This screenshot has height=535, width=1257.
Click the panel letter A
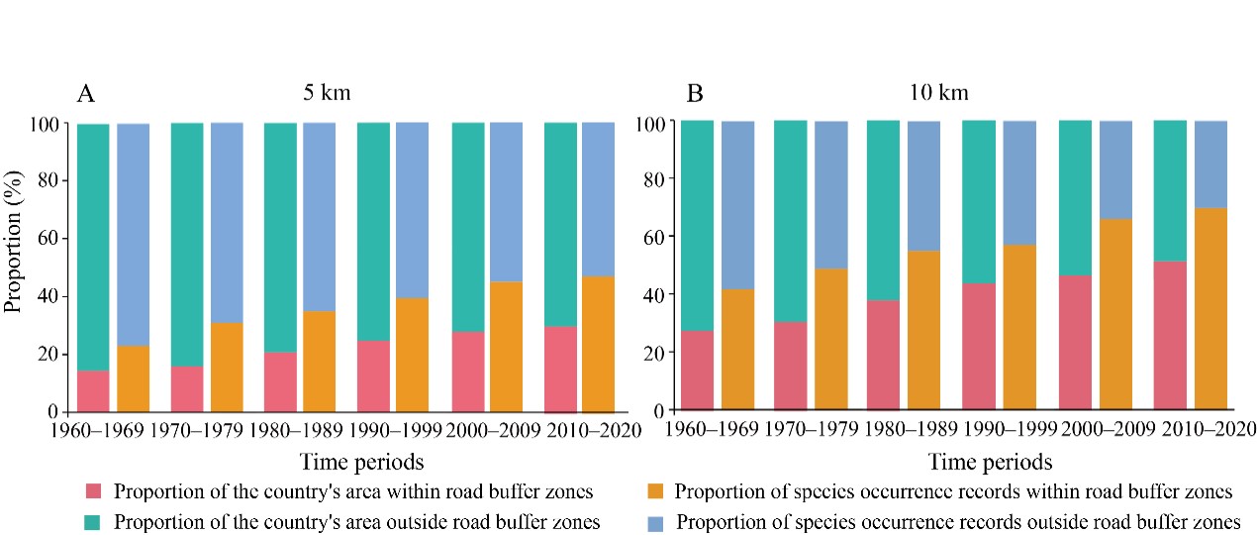tap(86, 94)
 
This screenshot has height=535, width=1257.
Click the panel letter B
tap(695, 94)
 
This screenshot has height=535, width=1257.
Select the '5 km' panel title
tap(327, 94)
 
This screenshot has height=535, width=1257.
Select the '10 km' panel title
tap(939, 94)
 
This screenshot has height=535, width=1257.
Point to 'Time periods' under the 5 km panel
tap(361, 462)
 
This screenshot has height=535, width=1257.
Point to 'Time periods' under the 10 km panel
tap(990, 462)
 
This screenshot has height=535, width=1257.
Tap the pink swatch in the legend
tap(94, 492)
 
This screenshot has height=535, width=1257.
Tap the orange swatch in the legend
tap(654, 492)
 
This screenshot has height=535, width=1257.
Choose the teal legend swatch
tap(94, 521)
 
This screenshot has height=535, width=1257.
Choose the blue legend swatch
tap(654, 521)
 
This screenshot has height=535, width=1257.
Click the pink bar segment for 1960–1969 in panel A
tap(93, 391)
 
